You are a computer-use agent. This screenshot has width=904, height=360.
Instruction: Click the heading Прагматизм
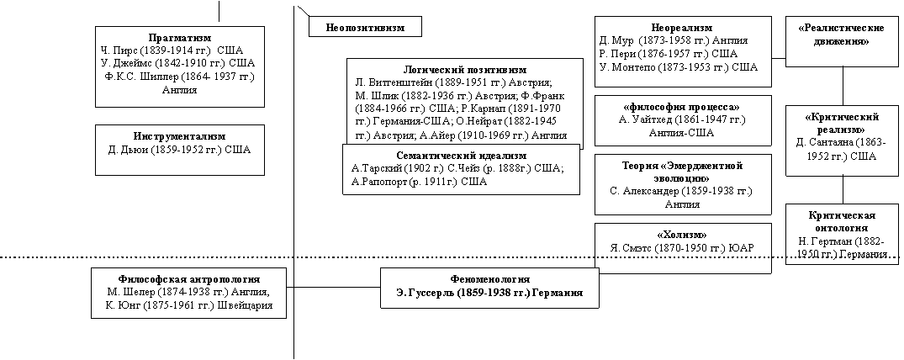point(180,38)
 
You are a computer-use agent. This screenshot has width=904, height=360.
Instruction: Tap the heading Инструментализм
point(180,137)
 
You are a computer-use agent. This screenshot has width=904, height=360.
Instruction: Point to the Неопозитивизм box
point(365,27)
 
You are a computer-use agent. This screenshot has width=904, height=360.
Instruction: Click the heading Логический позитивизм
point(465,70)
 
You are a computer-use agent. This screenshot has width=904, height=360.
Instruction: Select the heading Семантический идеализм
point(461,156)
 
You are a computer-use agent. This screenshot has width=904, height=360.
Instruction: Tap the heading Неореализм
point(682,28)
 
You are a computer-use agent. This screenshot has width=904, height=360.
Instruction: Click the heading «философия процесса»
point(682,107)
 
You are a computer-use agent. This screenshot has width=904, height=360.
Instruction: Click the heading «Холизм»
point(682,235)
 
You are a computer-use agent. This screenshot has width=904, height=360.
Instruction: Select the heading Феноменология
point(489,279)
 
